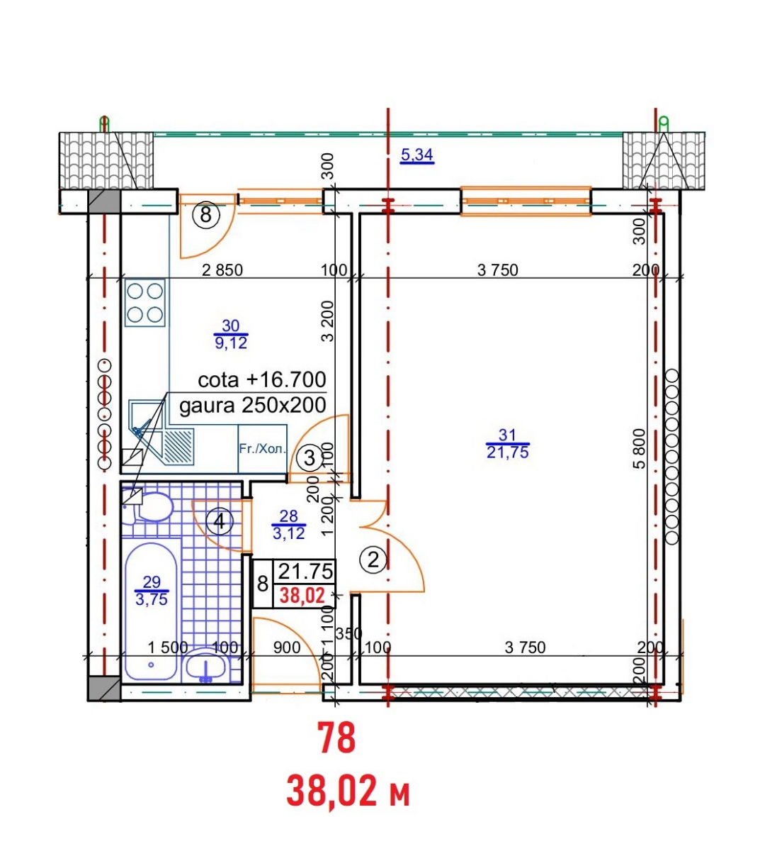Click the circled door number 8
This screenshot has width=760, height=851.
(x=205, y=215)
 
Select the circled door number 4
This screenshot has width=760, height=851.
(x=220, y=522)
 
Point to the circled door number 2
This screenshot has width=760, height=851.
(x=373, y=560)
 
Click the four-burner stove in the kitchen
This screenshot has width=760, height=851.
(x=144, y=303)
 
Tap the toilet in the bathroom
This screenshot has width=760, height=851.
(x=148, y=507)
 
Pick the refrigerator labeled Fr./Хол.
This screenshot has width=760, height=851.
(x=263, y=449)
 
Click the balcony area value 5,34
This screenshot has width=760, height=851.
(x=416, y=155)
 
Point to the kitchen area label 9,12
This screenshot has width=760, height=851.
(x=230, y=343)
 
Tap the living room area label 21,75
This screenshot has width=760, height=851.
(x=508, y=452)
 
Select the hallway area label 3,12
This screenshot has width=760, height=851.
(x=289, y=534)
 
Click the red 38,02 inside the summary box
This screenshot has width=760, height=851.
(x=303, y=596)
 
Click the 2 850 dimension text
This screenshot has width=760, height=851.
(x=222, y=270)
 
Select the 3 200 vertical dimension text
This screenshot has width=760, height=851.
(x=327, y=321)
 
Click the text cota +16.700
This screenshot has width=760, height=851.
(x=262, y=379)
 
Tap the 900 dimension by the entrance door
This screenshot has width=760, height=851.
(x=287, y=647)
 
